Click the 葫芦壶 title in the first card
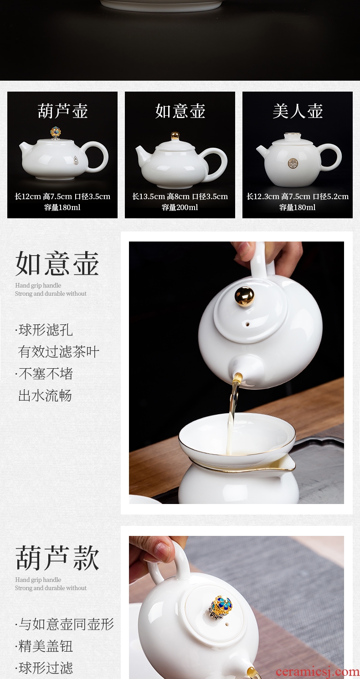tap(63, 111)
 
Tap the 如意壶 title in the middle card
tap(180, 111)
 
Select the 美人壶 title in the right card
tap(298, 111)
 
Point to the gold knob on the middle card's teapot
tap(175, 135)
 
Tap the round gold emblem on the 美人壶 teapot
tap(293, 163)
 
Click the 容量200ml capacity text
tap(180, 207)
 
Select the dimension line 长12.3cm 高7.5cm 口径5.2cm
tap(298, 196)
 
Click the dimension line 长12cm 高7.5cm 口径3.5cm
tap(62, 196)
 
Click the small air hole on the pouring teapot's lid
tap(248, 324)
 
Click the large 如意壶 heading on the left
tap(57, 263)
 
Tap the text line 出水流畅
tap(45, 396)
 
